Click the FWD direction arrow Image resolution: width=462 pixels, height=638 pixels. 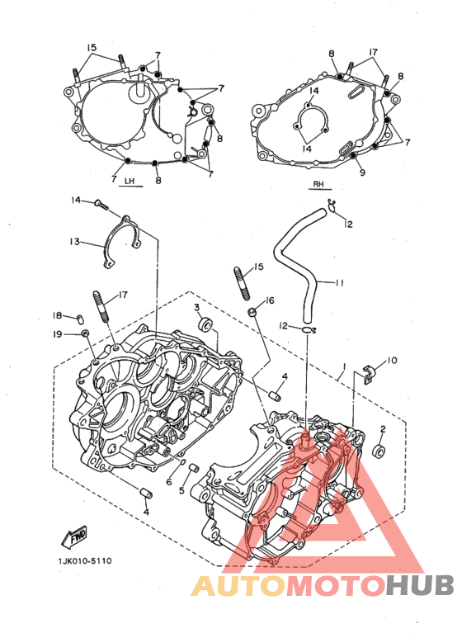74,536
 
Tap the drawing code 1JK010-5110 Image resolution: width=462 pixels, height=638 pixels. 85,561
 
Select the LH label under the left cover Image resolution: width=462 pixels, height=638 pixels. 130,181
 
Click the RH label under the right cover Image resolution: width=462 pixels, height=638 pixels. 318,184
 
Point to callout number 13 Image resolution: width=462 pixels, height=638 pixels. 74,242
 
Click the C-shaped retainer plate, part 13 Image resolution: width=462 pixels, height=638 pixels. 122,242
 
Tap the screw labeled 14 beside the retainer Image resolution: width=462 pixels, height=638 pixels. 101,203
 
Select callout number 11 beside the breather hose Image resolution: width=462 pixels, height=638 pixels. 340,282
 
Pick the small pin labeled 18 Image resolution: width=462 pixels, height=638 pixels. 80,317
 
